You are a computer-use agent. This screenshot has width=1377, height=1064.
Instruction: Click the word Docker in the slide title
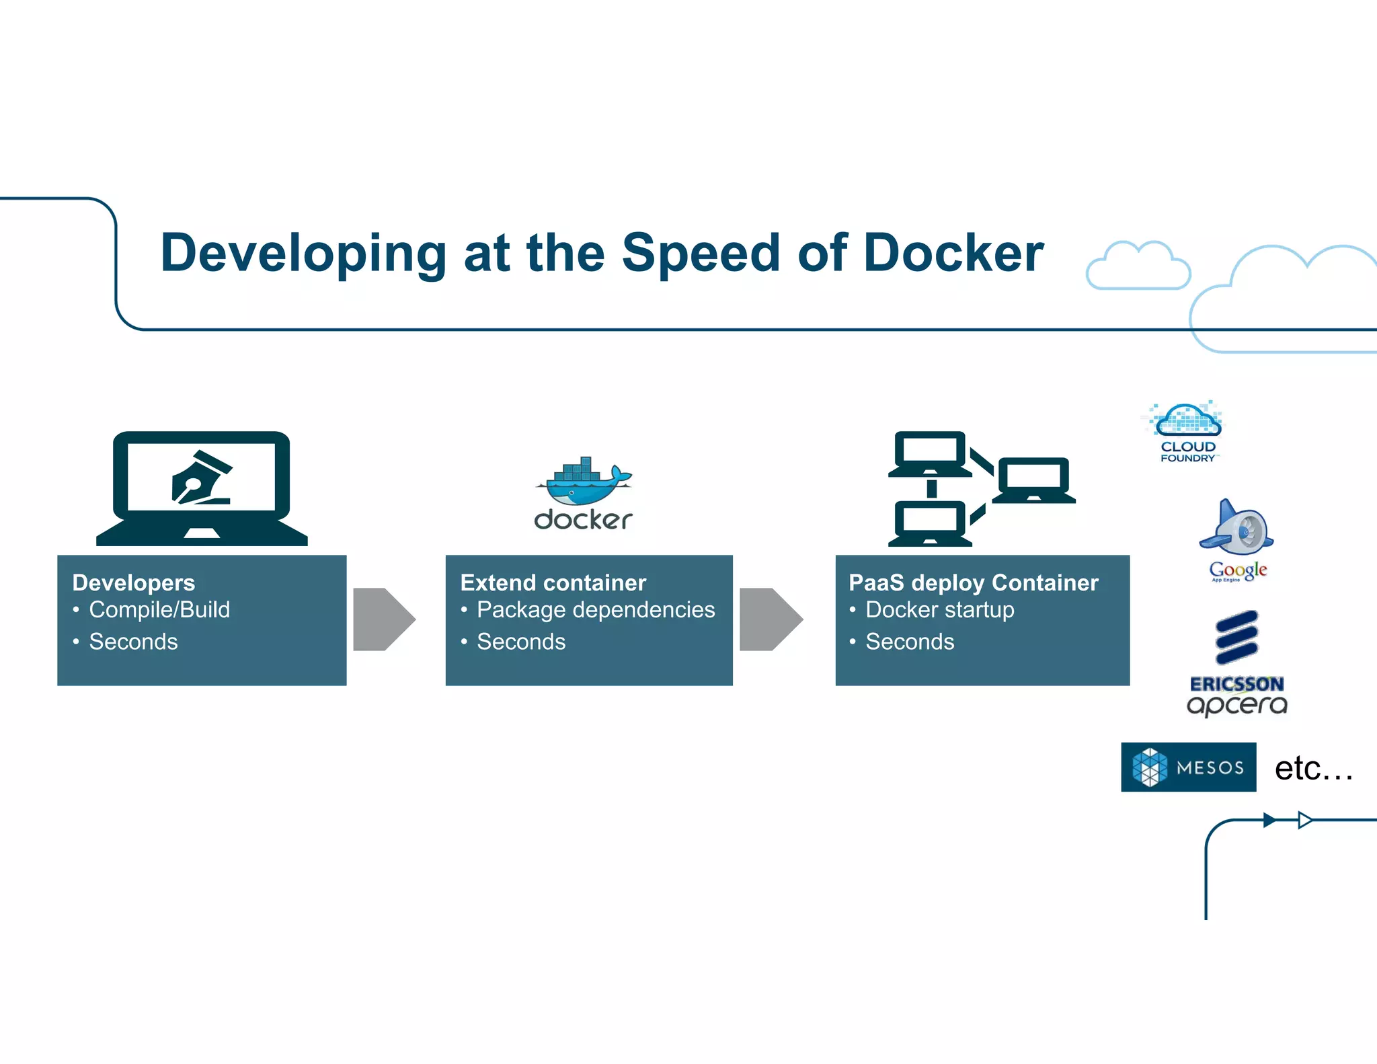[x=953, y=253]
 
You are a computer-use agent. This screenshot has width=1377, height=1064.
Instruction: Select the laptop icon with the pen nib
[x=202, y=487]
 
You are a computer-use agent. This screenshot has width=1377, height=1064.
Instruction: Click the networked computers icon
[x=981, y=488]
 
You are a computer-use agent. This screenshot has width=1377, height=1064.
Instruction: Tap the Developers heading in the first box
[x=133, y=582]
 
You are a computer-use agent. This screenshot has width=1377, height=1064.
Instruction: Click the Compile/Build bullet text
[x=159, y=609]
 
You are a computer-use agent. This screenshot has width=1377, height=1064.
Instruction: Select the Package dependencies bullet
[x=595, y=609]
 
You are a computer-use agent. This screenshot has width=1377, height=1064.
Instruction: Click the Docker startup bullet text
[x=939, y=609]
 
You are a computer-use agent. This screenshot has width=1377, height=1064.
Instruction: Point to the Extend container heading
[x=553, y=582]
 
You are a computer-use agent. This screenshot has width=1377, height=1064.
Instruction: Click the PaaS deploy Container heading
[x=973, y=582]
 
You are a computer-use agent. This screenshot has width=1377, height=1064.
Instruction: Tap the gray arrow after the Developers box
[x=384, y=619]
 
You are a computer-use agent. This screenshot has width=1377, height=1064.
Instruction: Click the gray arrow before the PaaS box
[x=771, y=619]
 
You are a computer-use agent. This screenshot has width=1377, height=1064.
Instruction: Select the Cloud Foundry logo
[x=1187, y=430]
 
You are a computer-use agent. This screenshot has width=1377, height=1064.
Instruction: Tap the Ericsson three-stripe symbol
[x=1236, y=637]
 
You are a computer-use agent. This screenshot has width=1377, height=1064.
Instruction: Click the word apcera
[x=1236, y=705]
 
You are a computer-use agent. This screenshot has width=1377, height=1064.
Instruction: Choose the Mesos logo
[x=1188, y=767]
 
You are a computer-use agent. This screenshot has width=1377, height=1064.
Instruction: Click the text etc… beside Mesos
[x=1312, y=768]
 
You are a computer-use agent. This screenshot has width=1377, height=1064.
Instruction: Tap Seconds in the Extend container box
[x=521, y=642]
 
